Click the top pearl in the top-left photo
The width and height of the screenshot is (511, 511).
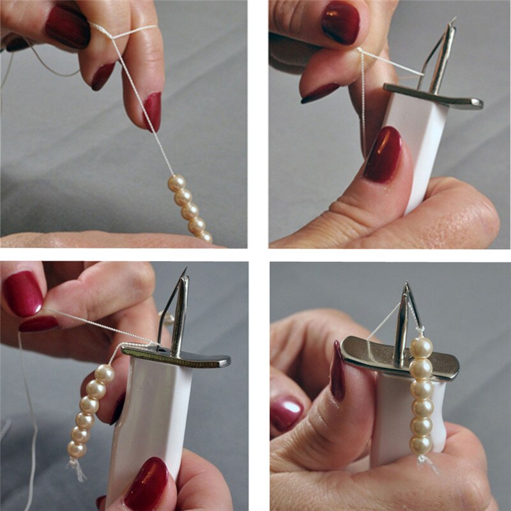177,183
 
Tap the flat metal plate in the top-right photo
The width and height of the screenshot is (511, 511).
434,96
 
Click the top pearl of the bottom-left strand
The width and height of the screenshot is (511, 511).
104,374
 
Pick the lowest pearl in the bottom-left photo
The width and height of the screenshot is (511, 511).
77,450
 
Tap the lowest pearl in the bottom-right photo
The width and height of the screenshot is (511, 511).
420,444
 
